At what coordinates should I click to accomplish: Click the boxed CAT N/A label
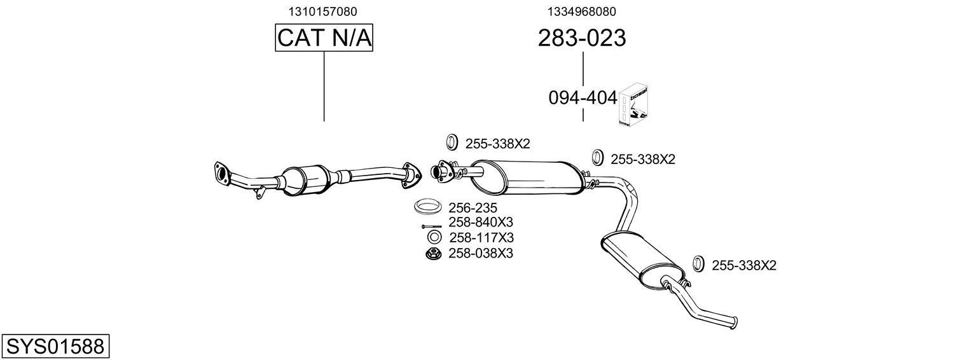pyautogui.click(x=324, y=38)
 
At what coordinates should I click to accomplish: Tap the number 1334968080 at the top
pyautogui.click(x=581, y=11)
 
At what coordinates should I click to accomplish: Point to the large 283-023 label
pyautogui.click(x=581, y=38)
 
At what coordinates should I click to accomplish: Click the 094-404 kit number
pyautogui.click(x=583, y=98)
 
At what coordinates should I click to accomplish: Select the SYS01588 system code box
pyautogui.click(x=55, y=347)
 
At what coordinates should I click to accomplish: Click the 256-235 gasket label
pyautogui.click(x=473, y=207)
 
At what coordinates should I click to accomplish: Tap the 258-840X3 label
pyautogui.click(x=480, y=222)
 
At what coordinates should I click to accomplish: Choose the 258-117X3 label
pyautogui.click(x=481, y=237)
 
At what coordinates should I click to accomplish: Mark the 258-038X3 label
pyautogui.click(x=480, y=253)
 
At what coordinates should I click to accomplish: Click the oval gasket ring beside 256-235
pyautogui.click(x=429, y=207)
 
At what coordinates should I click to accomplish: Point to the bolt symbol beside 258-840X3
pyautogui.click(x=431, y=226)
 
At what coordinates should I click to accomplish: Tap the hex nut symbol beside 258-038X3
pyautogui.click(x=433, y=254)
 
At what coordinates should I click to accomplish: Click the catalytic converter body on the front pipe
pyautogui.click(x=305, y=181)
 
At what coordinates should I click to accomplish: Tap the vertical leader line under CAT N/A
pyautogui.click(x=324, y=86)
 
